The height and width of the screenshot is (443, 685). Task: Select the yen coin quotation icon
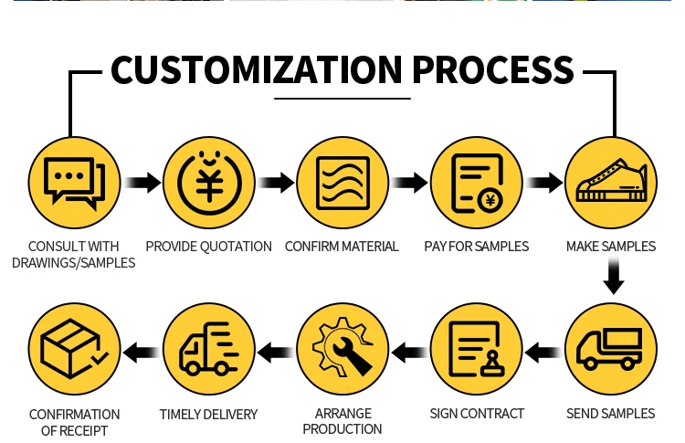209,183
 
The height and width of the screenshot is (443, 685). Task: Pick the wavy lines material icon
342,183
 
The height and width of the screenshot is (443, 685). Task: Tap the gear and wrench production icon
342,348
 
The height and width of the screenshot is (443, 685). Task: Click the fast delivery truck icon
209,348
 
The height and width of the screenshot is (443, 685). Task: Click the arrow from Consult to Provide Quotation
142,183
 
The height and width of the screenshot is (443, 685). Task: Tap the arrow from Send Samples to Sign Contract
543,349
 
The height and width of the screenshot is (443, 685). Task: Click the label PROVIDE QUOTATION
209,247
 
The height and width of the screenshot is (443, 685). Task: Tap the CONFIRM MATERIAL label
342,247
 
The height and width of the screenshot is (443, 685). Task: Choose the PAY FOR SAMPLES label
477,247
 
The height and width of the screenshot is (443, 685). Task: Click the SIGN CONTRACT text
477,414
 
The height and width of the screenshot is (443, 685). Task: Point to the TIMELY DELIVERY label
208,414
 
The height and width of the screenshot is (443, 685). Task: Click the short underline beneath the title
342,98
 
